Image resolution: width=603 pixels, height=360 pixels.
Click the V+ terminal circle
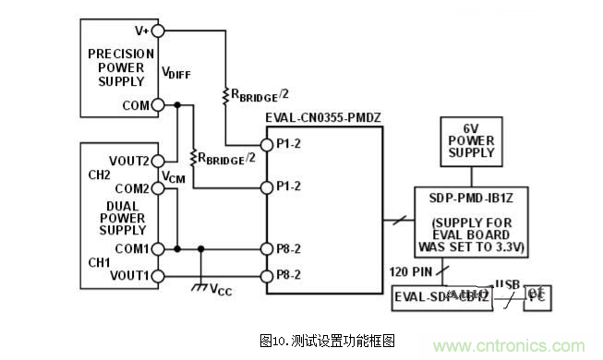coord(158,30)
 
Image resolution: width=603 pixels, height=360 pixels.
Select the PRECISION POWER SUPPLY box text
coord(121,67)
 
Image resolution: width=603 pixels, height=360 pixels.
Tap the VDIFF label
coord(175,72)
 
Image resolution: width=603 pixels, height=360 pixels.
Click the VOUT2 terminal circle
coord(158,161)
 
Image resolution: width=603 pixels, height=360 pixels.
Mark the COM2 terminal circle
coord(158,188)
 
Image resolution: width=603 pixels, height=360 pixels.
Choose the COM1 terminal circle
coord(158,248)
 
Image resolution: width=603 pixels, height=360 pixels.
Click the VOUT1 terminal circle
coord(158,275)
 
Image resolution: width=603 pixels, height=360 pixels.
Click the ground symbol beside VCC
coord(199,288)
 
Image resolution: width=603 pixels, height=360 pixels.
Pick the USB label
coord(508,283)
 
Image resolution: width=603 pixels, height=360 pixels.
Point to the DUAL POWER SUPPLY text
coord(121,219)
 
